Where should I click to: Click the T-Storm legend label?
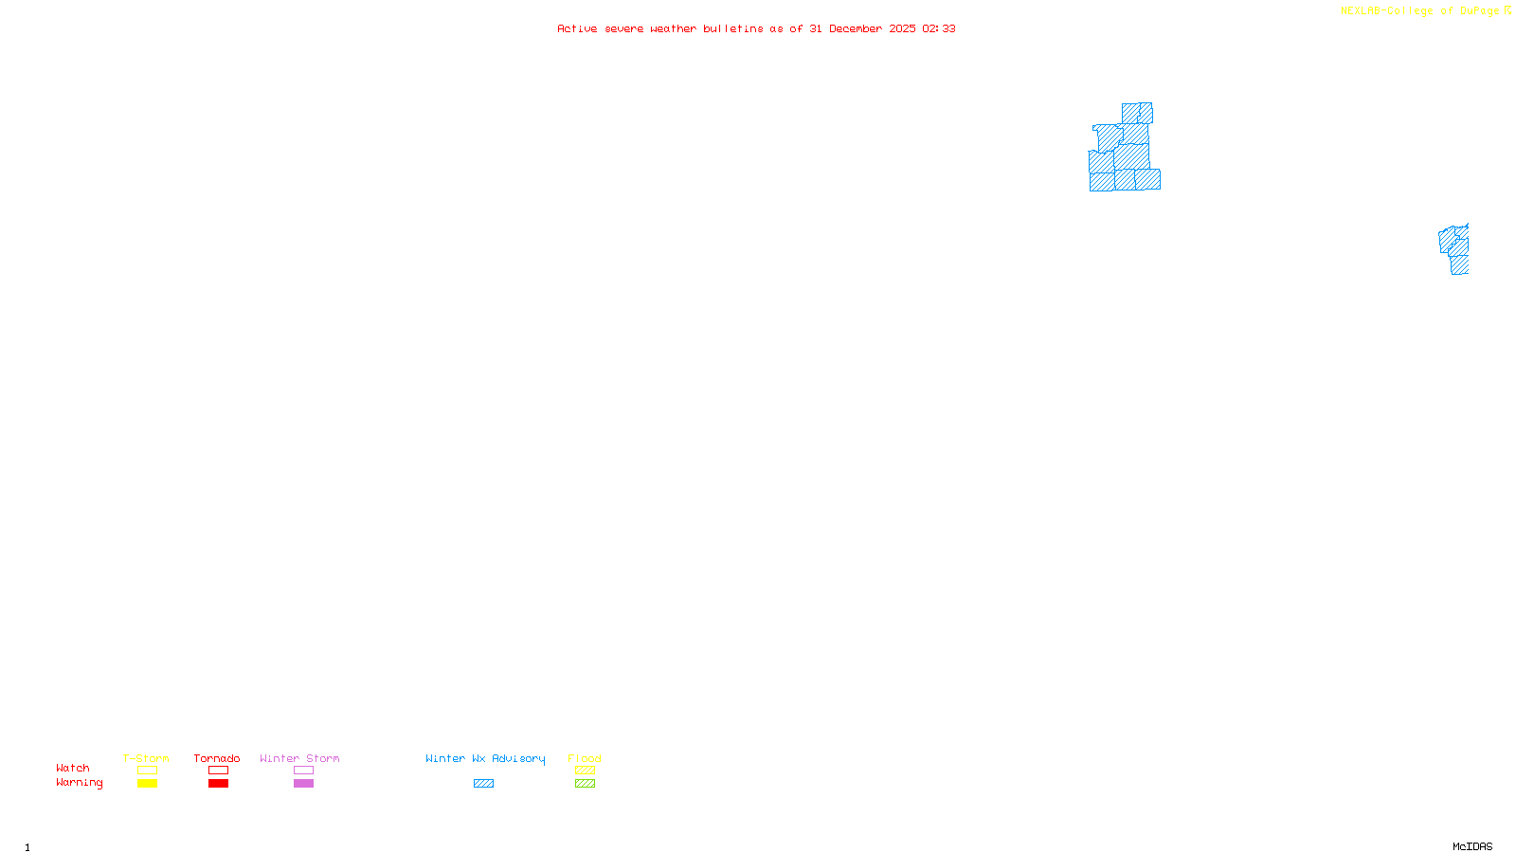[146, 758]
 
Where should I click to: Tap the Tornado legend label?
[217, 758]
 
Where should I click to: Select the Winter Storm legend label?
[299, 758]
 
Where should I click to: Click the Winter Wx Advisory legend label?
[485, 758]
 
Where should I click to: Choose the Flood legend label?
[585, 758]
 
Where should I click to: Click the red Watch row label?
[73, 768]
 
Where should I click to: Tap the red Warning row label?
[79, 783]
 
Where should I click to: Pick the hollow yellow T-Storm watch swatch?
[147, 771]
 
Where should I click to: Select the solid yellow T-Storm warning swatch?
[147, 784]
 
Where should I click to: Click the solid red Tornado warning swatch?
[219, 784]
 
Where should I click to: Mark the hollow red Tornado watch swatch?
[219, 771]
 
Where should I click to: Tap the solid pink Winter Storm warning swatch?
[303, 784]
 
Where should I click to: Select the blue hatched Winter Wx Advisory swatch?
[483, 784]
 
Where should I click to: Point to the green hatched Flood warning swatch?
[585, 784]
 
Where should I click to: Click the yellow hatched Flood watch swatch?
[585, 771]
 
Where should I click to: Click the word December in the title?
[856, 28]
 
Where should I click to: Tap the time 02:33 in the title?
[939, 28]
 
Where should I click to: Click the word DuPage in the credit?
[1479, 10]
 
